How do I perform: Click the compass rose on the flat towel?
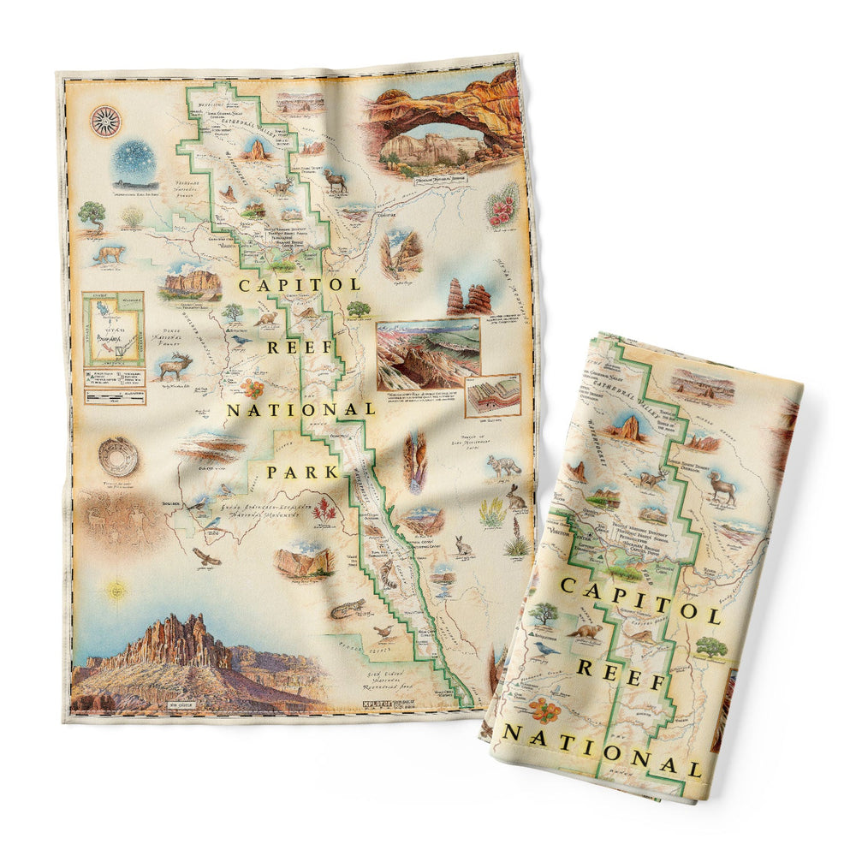tap(105, 120)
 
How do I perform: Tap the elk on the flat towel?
tap(175, 365)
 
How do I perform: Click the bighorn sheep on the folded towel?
tap(724, 487)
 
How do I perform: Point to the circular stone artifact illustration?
tap(117, 459)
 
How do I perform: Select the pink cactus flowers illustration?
tap(503, 205)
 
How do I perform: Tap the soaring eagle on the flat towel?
tap(206, 557)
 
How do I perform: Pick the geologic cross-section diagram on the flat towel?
tap(493, 394)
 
